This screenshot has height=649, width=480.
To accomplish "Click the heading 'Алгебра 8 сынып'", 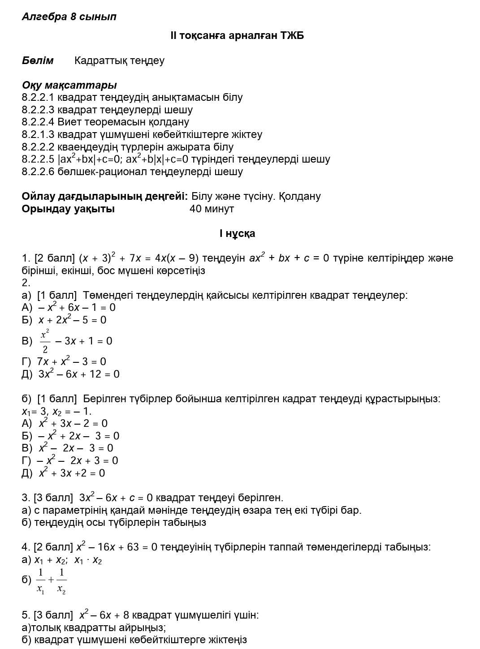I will coord(69,17).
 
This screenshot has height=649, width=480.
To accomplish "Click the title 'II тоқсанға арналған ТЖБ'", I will coord(237,36).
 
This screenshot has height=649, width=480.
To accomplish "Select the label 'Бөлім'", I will coord(38,61).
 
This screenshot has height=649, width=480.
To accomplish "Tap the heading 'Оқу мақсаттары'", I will coord(69,85).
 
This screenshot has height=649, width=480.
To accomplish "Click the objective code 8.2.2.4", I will coord(38,122).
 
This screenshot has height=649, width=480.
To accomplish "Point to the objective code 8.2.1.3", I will coord(38,135).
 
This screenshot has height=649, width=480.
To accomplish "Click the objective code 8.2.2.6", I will coord(38,172).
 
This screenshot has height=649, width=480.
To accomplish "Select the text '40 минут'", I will coord(212,209).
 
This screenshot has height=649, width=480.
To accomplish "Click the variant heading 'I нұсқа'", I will coord(237,234).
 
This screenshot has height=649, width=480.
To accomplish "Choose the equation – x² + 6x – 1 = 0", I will coord(77,308).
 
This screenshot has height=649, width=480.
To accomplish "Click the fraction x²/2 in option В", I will coord(45,341).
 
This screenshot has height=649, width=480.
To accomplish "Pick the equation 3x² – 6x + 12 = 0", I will coord(79,374).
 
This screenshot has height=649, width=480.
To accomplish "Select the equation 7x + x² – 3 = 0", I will coord(72,362).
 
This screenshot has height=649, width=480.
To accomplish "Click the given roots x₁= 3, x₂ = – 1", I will coord(56,412).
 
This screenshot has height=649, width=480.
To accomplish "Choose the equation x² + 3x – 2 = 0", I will coord(73,424).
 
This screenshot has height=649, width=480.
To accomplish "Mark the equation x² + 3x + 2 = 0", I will coord(72,473).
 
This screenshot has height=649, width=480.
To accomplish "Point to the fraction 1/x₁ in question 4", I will coord(41,580).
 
